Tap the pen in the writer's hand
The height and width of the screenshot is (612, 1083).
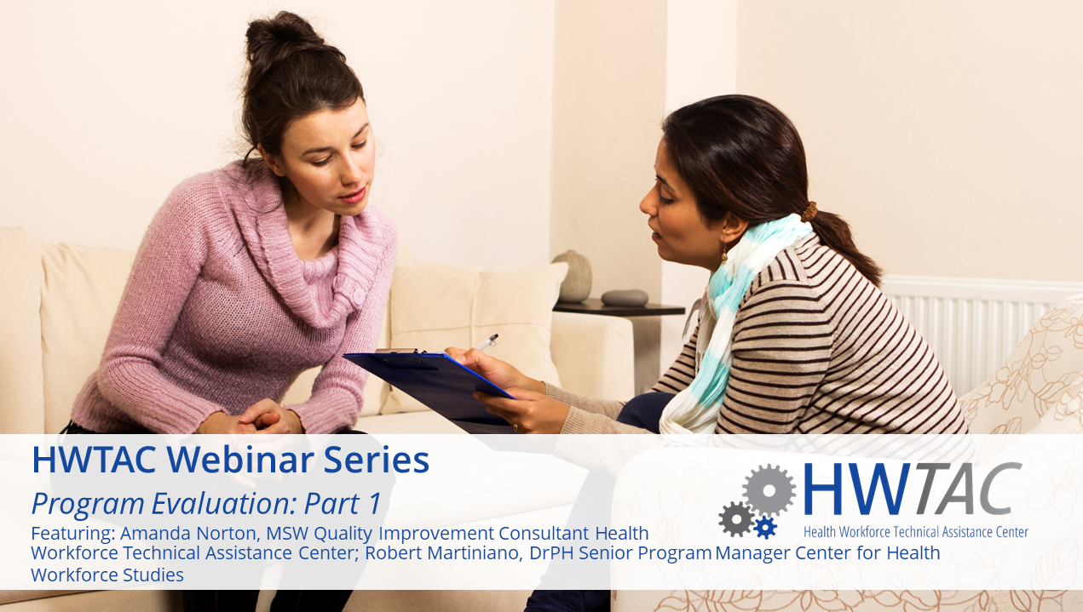tap(486, 342)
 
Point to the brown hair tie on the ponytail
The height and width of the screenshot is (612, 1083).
tap(809, 212)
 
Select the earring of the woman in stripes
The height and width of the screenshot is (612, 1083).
tap(725, 253)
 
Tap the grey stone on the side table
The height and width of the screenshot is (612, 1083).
tap(625, 298)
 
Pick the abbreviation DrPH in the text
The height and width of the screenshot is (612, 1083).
tap(550, 553)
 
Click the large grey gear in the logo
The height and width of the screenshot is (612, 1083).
tap(769, 490)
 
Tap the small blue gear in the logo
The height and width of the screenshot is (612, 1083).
tap(765, 527)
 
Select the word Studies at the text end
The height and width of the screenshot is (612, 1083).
tap(153, 575)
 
